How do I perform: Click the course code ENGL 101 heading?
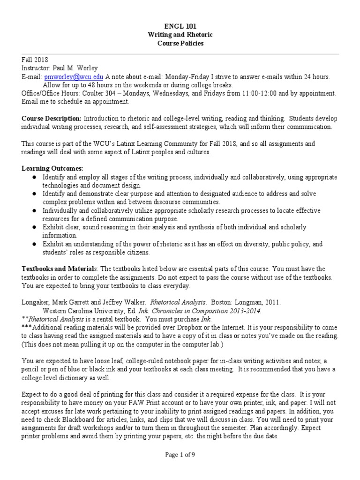point(180,27)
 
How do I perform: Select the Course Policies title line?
point(180,44)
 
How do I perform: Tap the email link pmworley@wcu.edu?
point(74,77)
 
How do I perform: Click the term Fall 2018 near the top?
point(35,60)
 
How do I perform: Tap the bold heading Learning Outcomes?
point(46,168)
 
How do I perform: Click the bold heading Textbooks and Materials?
point(59,269)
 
